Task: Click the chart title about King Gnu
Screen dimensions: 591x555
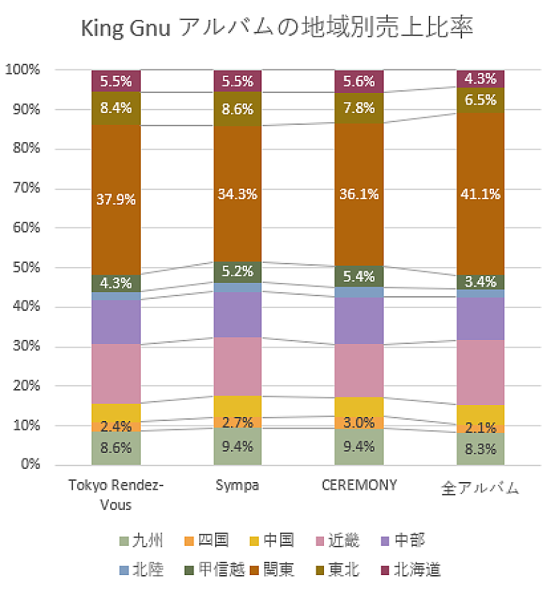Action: (x=277, y=28)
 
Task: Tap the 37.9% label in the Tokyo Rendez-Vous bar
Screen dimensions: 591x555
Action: (x=117, y=199)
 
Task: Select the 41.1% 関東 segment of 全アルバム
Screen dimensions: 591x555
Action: (x=480, y=194)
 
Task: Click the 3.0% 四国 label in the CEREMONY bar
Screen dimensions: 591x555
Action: (x=359, y=422)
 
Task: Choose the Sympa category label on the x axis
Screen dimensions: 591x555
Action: (x=237, y=485)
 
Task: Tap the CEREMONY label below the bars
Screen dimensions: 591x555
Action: (x=359, y=485)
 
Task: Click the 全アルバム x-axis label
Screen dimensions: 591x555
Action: (x=480, y=487)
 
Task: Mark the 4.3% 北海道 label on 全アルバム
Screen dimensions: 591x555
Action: (x=480, y=78)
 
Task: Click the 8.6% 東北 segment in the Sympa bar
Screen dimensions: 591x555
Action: (x=237, y=108)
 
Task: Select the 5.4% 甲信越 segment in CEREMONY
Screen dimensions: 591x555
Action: (x=359, y=276)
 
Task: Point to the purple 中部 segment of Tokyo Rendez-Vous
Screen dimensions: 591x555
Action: (x=117, y=322)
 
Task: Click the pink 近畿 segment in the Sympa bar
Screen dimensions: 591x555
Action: (x=237, y=366)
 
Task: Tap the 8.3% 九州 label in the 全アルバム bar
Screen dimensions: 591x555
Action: (x=480, y=448)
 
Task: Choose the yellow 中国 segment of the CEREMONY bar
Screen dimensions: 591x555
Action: (x=359, y=406)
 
